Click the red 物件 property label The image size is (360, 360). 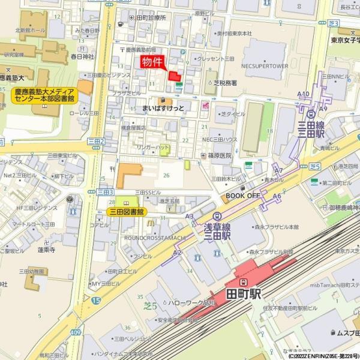coord(152,62)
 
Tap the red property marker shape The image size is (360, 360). coord(175,76)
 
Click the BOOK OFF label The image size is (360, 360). coord(242,196)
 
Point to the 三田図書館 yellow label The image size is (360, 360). coord(126,212)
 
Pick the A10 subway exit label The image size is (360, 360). coord(303,94)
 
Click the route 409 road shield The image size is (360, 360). coord(76,332)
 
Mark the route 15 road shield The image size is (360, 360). coord(97,299)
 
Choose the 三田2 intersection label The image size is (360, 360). coord(96,142)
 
